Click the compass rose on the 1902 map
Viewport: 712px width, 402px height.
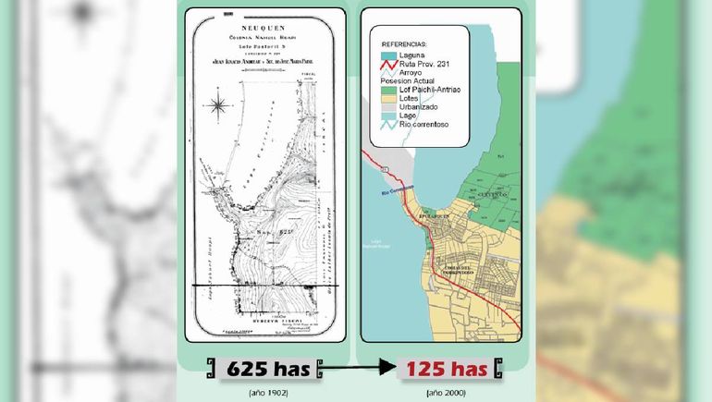(x=219, y=105)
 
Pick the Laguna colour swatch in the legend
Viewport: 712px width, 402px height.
(x=387, y=55)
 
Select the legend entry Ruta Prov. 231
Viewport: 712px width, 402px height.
(x=424, y=64)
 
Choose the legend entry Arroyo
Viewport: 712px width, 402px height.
(x=413, y=72)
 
